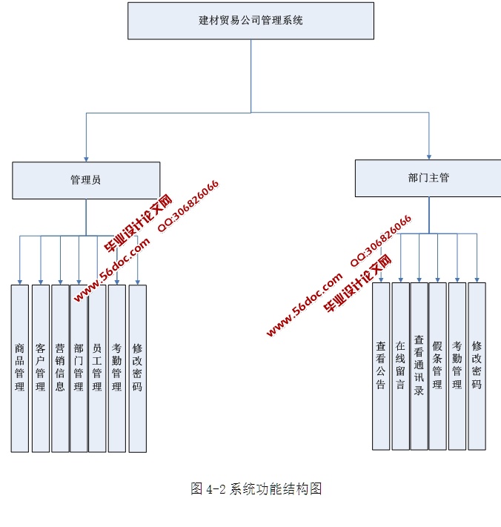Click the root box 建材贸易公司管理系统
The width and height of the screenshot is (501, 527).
point(250,21)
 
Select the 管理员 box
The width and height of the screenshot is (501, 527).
point(86,180)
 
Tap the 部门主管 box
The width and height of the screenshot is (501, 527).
point(428,178)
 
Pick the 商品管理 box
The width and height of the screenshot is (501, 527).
point(20,368)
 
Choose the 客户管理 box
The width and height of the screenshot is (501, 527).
point(41,368)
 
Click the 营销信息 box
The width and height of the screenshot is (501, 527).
point(60,368)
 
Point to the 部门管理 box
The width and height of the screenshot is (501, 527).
point(79,368)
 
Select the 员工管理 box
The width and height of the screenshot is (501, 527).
point(97,368)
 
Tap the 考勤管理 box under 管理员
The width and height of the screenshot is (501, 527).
point(117,368)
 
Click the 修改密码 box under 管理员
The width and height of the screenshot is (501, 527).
point(137,368)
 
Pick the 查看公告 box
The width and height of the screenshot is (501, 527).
point(381,366)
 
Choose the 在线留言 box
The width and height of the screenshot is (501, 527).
point(400,366)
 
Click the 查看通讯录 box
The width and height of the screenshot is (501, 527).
point(419,366)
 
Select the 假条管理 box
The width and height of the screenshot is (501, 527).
point(437,366)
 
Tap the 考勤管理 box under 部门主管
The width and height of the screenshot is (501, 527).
point(457,366)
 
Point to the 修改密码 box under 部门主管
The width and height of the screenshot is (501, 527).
point(477,366)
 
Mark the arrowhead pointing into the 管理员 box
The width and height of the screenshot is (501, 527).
point(86,158)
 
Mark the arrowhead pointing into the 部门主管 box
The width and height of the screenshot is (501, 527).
point(428,156)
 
